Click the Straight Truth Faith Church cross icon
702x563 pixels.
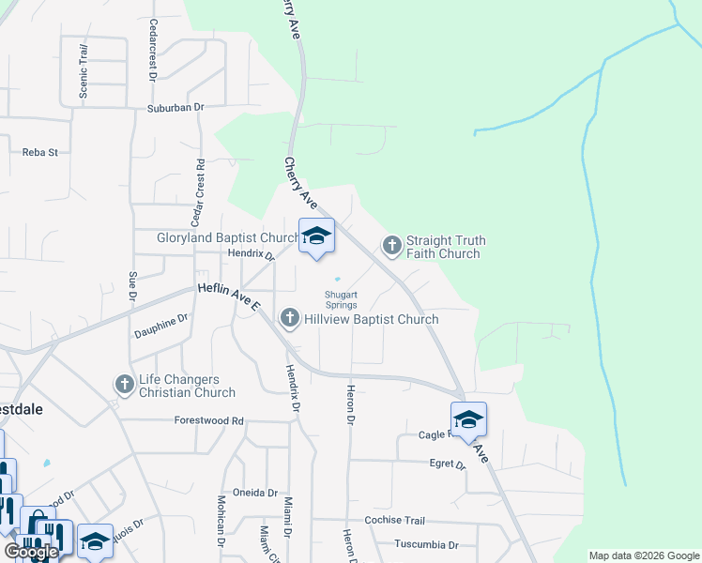(x=392, y=246)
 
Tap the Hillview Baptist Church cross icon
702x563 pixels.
(x=290, y=320)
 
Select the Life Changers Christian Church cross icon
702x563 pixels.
(x=124, y=384)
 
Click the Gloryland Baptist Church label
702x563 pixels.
(x=227, y=238)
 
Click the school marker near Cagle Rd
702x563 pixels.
(x=468, y=420)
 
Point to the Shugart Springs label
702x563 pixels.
(x=341, y=298)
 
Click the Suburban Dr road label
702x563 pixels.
(x=175, y=108)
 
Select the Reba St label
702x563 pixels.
(x=40, y=152)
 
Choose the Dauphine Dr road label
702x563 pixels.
(x=160, y=325)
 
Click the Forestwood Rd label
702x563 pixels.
(x=208, y=420)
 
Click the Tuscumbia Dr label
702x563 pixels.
(x=426, y=544)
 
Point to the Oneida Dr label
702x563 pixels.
(x=260, y=493)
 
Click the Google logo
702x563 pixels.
(x=30, y=552)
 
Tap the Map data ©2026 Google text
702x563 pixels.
(x=643, y=555)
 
